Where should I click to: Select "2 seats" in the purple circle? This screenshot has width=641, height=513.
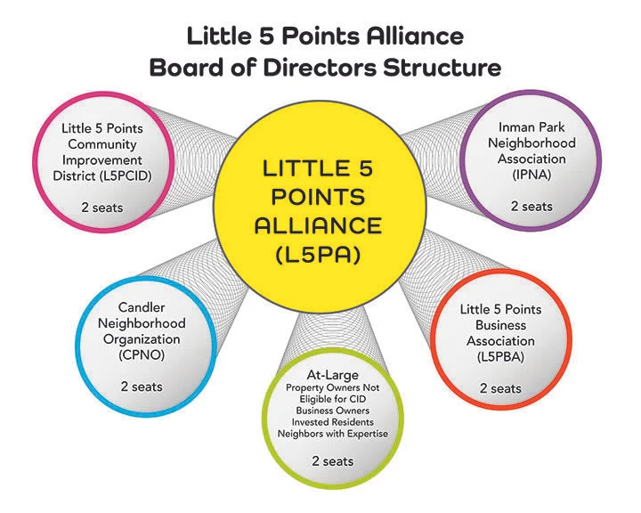click(x=531, y=206)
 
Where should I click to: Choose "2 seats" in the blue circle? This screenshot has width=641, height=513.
click(x=141, y=387)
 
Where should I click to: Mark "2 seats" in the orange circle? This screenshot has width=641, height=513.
click(x=500, y=388)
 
